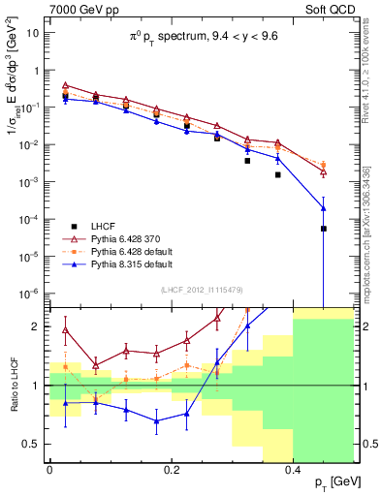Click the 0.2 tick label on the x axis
coord(171,469)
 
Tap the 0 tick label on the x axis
coord(49,469)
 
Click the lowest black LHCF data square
coord(324,229)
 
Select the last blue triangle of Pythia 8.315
coord(324,208)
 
